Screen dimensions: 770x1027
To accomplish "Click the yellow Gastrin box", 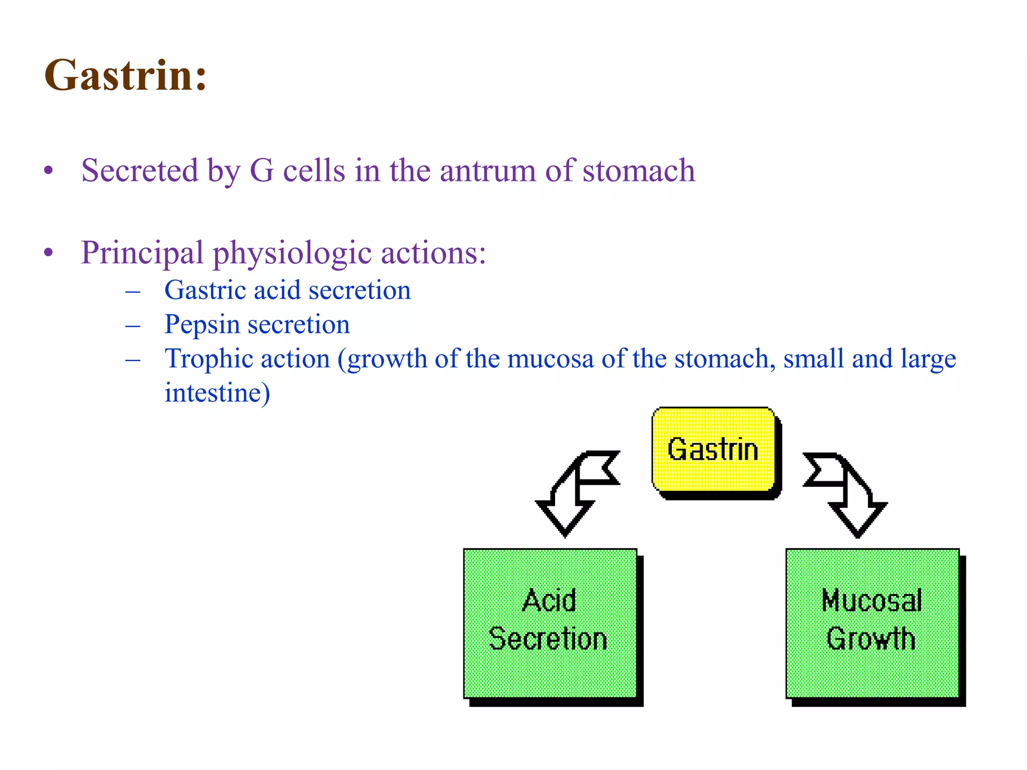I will pos(713,449).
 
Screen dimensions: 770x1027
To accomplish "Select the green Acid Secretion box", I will pos(550,623).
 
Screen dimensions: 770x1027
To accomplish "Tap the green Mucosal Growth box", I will pos(872,623).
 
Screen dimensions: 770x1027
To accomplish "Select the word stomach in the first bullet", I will pos(639,170).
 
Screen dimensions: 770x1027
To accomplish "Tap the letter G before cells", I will pos(262,170).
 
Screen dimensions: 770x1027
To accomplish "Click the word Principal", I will pos(142,253).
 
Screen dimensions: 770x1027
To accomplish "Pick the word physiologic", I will pos(292,254).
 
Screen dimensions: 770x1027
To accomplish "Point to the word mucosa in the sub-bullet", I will pos(550,359).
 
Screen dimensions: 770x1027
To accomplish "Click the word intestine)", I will pos(217,393).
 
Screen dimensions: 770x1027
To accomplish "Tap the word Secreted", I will pos(140,170).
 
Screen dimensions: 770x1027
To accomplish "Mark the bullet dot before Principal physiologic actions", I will pos(49,252).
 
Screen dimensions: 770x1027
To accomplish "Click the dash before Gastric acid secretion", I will pos(133,291).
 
